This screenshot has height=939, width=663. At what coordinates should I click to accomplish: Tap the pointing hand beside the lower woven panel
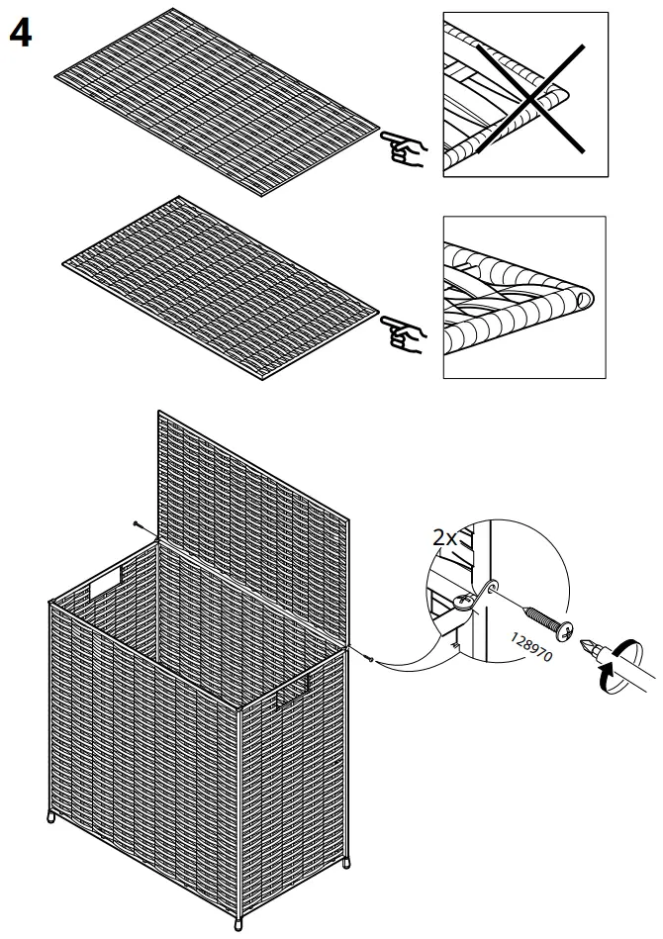(404, 335)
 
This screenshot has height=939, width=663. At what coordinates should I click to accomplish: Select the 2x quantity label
(444, 539)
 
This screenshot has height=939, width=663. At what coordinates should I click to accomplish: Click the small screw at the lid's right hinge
(368, 659)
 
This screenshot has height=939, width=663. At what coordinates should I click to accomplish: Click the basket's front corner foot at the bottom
(238, 925)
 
